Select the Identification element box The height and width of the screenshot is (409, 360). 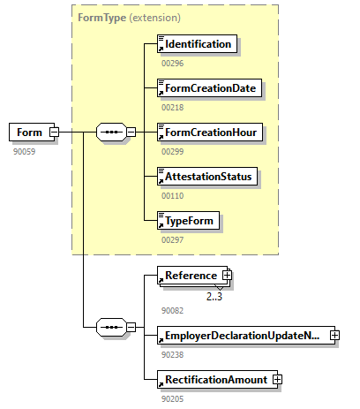(x=197, y=43)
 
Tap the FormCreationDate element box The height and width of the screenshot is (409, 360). (x=210, y=87)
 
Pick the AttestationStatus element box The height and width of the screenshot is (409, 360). (x=207, y=177)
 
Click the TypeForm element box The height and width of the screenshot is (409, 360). (x=188, y=221)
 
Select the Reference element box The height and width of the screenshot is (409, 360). (x=189, y=276)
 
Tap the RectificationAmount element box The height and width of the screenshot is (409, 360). (x=214, y=380)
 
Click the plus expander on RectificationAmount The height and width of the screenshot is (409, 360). (x=277, y=380)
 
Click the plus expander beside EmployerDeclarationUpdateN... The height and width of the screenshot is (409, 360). (x=334, y=336)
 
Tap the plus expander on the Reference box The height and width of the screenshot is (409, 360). (x=227, y=276)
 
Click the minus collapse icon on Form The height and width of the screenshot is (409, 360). (x=54, y=133)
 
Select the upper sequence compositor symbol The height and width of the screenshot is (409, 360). (x=110, y=133)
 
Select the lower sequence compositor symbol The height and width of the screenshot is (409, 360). (x=110, y=327)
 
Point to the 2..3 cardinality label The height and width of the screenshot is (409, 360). (x=214, y=297)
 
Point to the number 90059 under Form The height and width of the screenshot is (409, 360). (x=24, y=151)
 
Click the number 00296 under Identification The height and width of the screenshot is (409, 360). (x=172, y=63)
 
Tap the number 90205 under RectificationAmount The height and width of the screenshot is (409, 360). (x=172, y=398)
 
